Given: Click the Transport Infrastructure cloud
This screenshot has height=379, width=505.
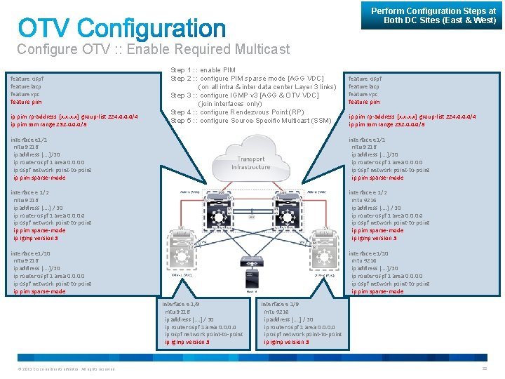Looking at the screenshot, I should tap(251, 163).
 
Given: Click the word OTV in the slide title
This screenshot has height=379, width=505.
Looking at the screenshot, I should tap(45, 29).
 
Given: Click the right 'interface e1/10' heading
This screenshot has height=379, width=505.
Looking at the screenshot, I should tap(369, 253).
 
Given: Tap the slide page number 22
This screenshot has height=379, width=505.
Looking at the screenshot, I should tap(484, 368).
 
